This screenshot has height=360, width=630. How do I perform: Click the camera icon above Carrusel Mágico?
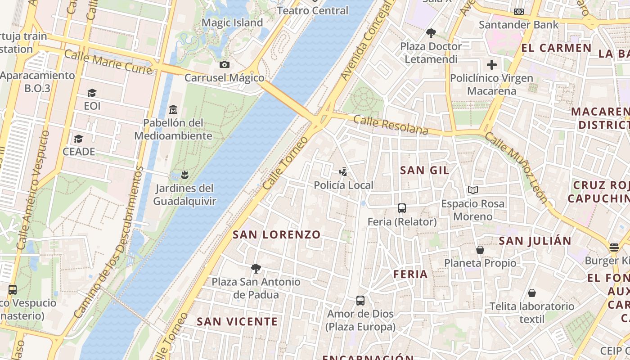(225, 65)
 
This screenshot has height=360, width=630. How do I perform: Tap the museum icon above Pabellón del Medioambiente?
(173, 109)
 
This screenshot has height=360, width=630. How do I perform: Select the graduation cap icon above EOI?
(92, 93)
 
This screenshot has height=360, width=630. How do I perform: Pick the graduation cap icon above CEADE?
(79, 138)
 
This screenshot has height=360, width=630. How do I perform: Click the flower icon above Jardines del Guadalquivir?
(184, 175)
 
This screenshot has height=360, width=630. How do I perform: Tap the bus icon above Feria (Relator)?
(402, 208)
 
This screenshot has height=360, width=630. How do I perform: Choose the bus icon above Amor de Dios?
(360, 301)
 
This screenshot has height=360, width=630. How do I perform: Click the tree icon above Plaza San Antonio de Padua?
(256, 269)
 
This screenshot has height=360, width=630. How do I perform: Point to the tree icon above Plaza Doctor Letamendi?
(431, 33)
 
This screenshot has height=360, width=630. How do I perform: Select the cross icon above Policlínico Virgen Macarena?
(492, 65)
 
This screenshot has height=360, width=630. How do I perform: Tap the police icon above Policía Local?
(343, 171)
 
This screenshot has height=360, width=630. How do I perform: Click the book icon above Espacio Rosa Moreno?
(472, 190)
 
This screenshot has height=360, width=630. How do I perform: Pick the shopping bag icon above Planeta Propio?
(480, 249)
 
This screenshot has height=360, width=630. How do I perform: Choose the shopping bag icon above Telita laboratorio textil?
(532, 293)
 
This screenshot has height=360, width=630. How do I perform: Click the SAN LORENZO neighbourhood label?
(277, 234)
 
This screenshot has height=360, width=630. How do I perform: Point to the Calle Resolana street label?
(391, 125)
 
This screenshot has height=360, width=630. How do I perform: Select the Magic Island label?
(232, 22)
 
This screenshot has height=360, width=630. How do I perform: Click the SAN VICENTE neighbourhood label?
(237, 321)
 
